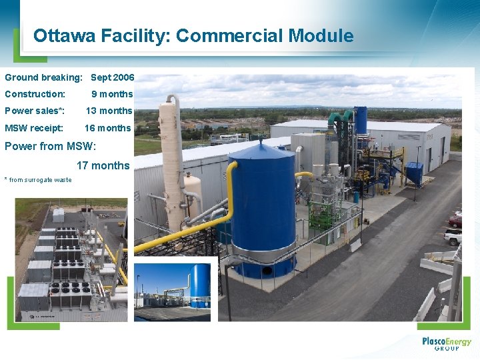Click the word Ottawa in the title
pos(65,36)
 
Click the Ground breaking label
pos(43,77)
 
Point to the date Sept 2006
pos(112,77)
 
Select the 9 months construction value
pos(112,94)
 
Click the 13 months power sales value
pos(109,111)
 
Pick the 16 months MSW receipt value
pos(108,128)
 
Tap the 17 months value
pos(103,165)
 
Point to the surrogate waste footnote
pos(38,180)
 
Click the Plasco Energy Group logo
pos(446,343)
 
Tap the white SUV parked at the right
pos(453,235)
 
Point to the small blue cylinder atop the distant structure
pos(360,120)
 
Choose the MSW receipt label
pos(34,128)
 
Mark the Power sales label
pos(35,111)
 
